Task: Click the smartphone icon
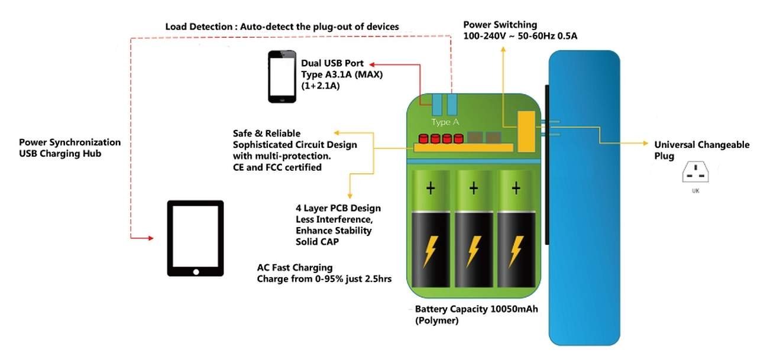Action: click(x=282, y=77)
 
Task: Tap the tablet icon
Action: click(x=195, y=238)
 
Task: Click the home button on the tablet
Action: click(x=196, y=272)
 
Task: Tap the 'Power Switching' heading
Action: click(x=500, y=25)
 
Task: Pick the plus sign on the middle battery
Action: click(x=473, y=189)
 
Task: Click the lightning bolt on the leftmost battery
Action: click(x=430, y=251)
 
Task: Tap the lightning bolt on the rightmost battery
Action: click(x=516, y=251)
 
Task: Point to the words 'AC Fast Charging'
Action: click(x=295, y=268)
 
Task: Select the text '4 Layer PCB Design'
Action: click(x=338, y=208)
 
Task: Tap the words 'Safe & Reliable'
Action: click(x=267, y=134)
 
